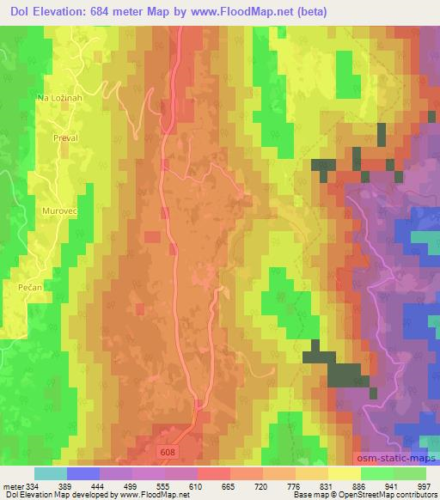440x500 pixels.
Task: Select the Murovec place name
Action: [59, 209]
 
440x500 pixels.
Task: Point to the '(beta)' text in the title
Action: [339, 9]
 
